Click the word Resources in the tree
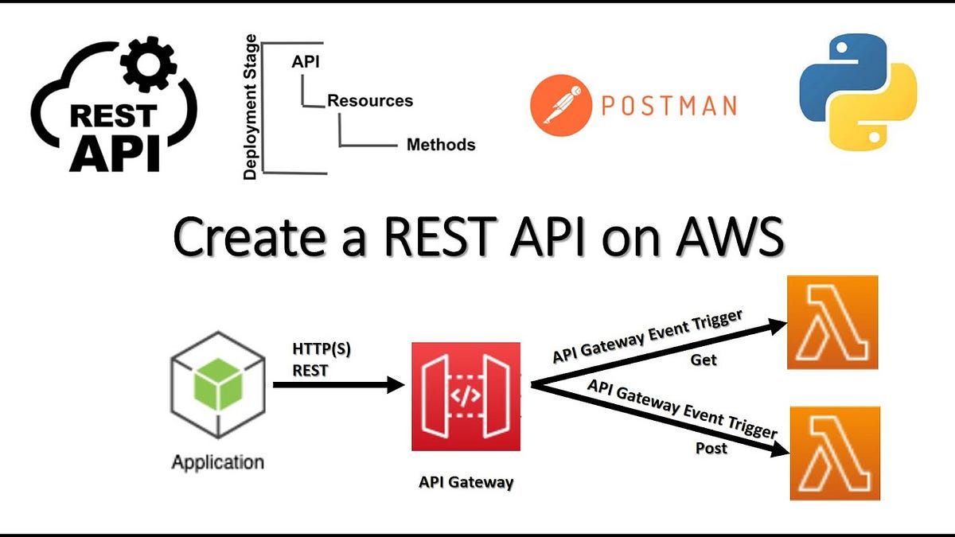pyautogui.click(x=370, y=101)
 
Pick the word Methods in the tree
pyautogui.click(x=441, y=145)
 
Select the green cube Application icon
pyautogui.click(x=217, y=392)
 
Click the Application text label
pyautogui.click(x=217, y=461)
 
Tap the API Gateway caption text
pyautogui.click(x=466, y=482)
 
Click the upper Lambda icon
pyautogui.click(x=832, y=322)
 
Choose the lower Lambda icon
pyautogui.click(x=835, y=453)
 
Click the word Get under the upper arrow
pyautogui.click(x=704, y=360)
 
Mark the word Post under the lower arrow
pyautogui.click(x=711, y=448)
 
